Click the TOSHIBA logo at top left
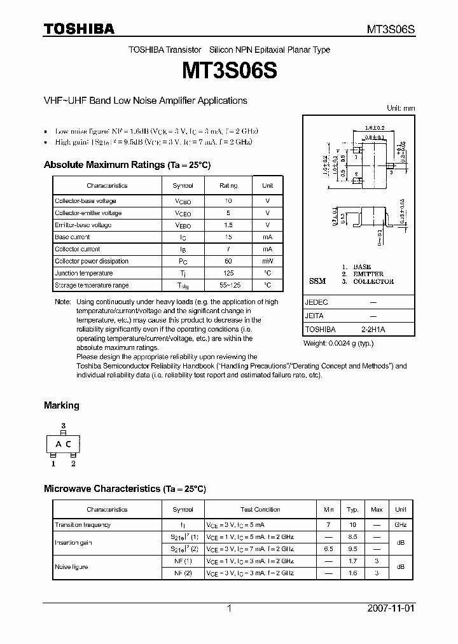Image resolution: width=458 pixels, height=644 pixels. point(79,29)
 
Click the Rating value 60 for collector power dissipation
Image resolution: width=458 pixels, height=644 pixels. point(228,261)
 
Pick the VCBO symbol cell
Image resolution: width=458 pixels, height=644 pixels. point(183,201)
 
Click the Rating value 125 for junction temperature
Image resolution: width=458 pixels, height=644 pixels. point(228,273)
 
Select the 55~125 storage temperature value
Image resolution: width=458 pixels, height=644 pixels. point(228,285)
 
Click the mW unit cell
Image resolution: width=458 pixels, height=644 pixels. point(267,261)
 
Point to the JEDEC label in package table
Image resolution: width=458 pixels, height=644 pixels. point(316,303)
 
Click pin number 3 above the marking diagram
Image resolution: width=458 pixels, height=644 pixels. point(63,425)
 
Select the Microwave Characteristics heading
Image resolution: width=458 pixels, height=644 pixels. point(125,489)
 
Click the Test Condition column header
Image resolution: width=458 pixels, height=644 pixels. point(260,509)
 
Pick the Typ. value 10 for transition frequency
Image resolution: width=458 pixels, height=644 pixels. point(352,525)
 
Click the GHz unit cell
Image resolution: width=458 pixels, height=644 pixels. point(400,525)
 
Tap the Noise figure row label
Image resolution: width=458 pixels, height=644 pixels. point(72,567)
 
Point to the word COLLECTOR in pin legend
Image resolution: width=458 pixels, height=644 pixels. point(373,281)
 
